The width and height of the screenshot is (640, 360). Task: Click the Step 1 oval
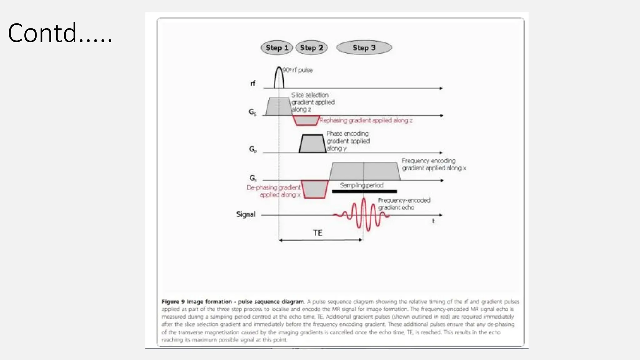click(x=277, y=48)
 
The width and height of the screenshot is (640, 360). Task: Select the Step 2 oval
click(x=311, y=48)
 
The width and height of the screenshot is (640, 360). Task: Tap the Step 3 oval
click(x=364, y=48)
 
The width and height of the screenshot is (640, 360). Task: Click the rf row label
click(x=253, y=83)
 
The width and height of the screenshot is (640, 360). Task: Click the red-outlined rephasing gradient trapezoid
click(x=306, y=120)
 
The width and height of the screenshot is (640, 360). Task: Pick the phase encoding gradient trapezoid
click(x=312, y=144)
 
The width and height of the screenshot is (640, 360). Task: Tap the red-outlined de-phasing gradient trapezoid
click(x=315, y=189)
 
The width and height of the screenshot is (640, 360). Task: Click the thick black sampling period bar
click(x=364, y=191)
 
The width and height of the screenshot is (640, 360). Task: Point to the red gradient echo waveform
click(x=363, y=215)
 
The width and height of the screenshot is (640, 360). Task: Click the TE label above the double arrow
click(x=317, y=233)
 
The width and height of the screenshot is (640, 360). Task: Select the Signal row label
click(x=246, y=214)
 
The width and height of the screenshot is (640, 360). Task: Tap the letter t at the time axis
click(x=433, y=221)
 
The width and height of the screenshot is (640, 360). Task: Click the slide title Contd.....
click(x=60, y=33)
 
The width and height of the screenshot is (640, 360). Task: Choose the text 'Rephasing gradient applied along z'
click(x=366, y=120)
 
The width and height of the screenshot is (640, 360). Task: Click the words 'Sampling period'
click(x=362, y=185)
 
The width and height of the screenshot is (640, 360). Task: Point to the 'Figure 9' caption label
click(x=173, y=302)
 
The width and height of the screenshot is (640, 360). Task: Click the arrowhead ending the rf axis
click(x=441, y=88)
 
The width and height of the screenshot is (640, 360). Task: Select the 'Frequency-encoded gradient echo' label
click(x=404, y=204)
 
